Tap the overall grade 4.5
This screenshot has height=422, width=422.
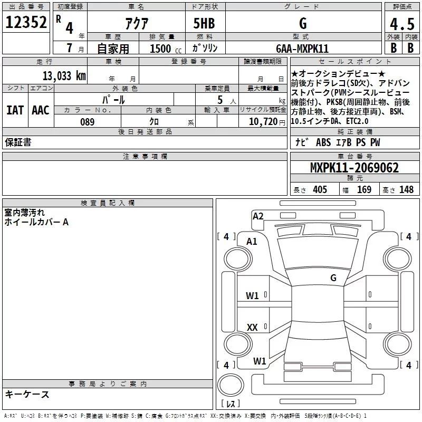(x=401, y=24)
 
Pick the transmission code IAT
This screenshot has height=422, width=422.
(x=15, y=110)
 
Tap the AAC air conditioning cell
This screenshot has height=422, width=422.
(x=40, y=110)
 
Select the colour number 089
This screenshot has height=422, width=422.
(x=87, y=122)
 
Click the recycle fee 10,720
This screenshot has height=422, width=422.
(x=262, y=122)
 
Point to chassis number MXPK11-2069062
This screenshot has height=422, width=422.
(x=354, y=168)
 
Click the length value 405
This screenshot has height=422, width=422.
(x=320, y=190)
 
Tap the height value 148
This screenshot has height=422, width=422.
(x=406, y=190)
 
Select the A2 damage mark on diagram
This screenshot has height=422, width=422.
(x=258, y=216)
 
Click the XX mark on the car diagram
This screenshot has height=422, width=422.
(x=252, y=328)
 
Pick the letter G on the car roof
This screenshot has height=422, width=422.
(x=333, y=277)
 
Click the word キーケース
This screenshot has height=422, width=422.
(x=27, y=395)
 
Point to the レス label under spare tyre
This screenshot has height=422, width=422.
(x=231, y=405)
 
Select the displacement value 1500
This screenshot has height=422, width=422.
(x=160, y=49)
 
